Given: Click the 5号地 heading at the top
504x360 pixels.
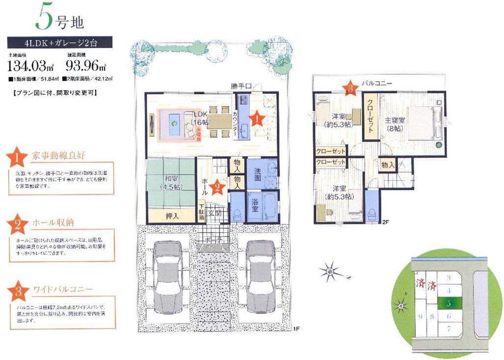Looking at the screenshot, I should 55,19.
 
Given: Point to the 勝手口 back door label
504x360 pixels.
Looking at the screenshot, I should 241,86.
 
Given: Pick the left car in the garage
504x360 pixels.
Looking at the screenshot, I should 166,276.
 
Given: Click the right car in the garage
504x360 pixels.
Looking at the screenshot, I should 262,276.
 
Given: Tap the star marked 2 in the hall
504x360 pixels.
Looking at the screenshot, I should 217,187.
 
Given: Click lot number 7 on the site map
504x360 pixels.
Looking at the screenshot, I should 449,329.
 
